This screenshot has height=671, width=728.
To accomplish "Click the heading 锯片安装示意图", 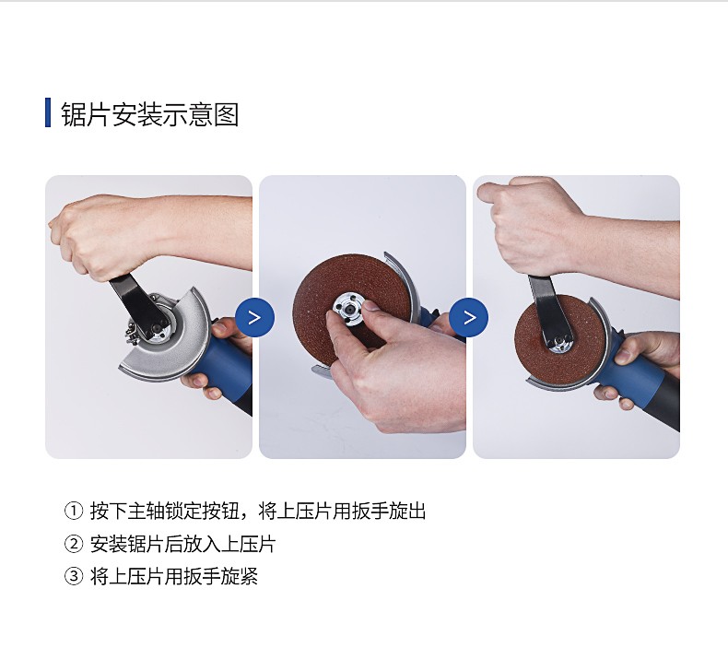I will [150, 113].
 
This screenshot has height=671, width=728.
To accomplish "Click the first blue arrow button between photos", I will [254, 317].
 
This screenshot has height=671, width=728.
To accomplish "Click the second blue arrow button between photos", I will [469, 317].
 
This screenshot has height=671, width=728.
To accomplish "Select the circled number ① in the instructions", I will [73, 512].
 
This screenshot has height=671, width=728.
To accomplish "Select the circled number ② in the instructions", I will [73, 544].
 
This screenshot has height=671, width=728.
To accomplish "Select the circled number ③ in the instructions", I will [73, 577].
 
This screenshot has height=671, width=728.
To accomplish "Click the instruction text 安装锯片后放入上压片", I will [182, 544].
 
